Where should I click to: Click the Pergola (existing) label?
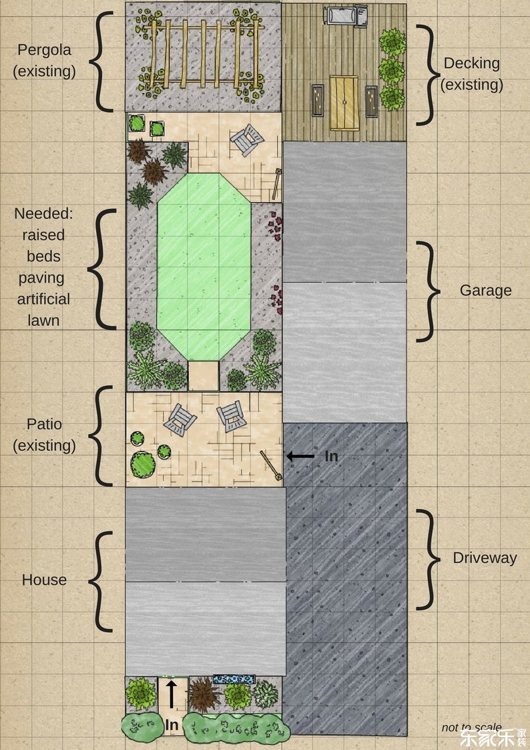pyautogui.click(x=44, y=61)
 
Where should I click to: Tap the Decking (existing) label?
pyautogui.click(x=471, y=73)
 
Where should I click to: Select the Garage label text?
pyautogui.click(x=485, y=291)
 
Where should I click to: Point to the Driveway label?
pyautogui.click(x=485, y=558)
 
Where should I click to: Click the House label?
pyautogui.click(x=44, y=580)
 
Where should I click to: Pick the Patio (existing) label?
pyautogui.click(x=44, y=435)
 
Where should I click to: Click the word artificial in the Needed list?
pyautogui.click(x=43, y=299)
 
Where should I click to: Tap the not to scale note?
pyautogui.click(x=471, y=727)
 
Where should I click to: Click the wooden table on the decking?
pyautogui.click(x=344, y=103)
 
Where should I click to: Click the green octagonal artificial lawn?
pyautogui.click(x=204, y=266)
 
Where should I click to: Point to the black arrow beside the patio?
pyautogui.click(x=300, y=456)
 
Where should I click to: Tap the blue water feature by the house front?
pyautogui.click(x=233, y=679)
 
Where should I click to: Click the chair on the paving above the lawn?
pyautogui.click(x=246, y=140)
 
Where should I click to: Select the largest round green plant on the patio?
pyautogui.click(x=143, y=464)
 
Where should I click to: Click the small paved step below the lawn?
pyautogui.click(x=203, y=376)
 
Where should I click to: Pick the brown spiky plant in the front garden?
pyautogui.click(x=204, y=695)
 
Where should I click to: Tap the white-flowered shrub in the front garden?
pyautogui.click(x=265, y=694)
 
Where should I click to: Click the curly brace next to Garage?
pyautogui.click(x=429, y=291)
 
